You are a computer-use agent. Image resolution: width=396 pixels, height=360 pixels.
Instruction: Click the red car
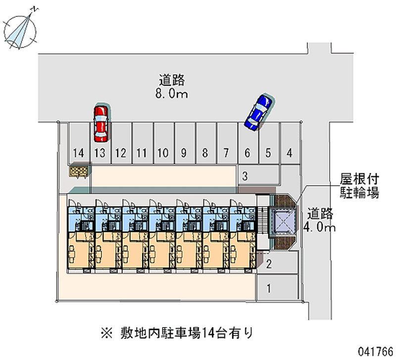click(100, 122)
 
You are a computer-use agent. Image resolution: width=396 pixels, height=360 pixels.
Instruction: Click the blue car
click(258, 113)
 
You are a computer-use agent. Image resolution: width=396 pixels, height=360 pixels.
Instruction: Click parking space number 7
click(226, 144)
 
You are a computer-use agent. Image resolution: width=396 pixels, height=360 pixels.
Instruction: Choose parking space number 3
click(257, 175)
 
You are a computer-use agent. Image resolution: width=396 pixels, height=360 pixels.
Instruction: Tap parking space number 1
click(277, 288)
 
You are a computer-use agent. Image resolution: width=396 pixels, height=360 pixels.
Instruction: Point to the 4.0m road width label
click(321, 221)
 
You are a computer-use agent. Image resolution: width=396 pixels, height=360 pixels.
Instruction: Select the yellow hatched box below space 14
click(79, 171)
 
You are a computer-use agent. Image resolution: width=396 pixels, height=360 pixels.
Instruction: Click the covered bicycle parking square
click(281, 221)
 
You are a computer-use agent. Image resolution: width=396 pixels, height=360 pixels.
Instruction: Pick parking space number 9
click(184, 144)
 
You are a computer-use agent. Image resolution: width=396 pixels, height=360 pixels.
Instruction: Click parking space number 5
click(268, 144)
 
